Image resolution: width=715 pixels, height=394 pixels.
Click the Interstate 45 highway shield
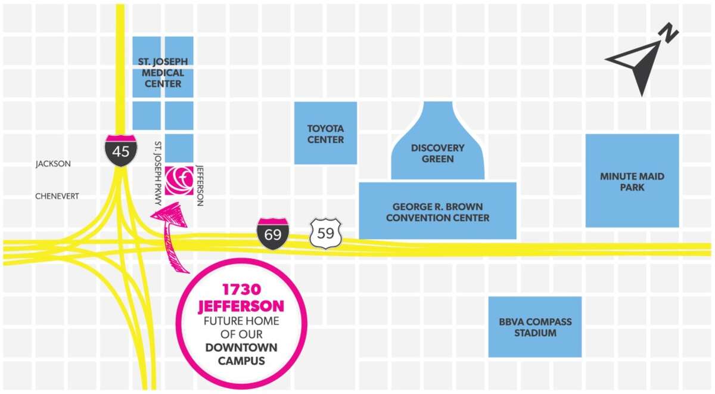tap(120, 150)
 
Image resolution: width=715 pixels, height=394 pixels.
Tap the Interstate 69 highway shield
tap(272, 233)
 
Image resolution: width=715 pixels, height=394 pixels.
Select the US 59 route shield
tap(325, 233)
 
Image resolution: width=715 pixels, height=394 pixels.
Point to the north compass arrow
tap(636, 66)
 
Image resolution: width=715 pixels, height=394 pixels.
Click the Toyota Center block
tap(325, 133)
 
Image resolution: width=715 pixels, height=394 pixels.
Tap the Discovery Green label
tap(438, 153)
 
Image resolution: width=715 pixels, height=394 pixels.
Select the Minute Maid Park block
tap(632, 181)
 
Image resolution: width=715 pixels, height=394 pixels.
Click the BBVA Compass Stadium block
tap(534, 327)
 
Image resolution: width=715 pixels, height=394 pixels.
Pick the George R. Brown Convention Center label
tap(437, 212)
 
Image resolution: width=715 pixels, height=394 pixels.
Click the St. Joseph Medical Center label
tap(163, 72)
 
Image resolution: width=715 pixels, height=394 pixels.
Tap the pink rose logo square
tap(179, 180)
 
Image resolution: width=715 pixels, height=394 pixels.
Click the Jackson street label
tap(53, 164)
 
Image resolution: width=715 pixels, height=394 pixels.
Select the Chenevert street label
tap(57, 196)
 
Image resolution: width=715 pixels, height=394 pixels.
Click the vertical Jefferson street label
tap(200, 185)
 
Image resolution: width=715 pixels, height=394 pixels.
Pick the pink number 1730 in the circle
tap(241, 290)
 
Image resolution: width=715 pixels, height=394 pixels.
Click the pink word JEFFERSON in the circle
tap(241, 306)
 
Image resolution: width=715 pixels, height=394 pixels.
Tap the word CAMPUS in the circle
tap(241, 361)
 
